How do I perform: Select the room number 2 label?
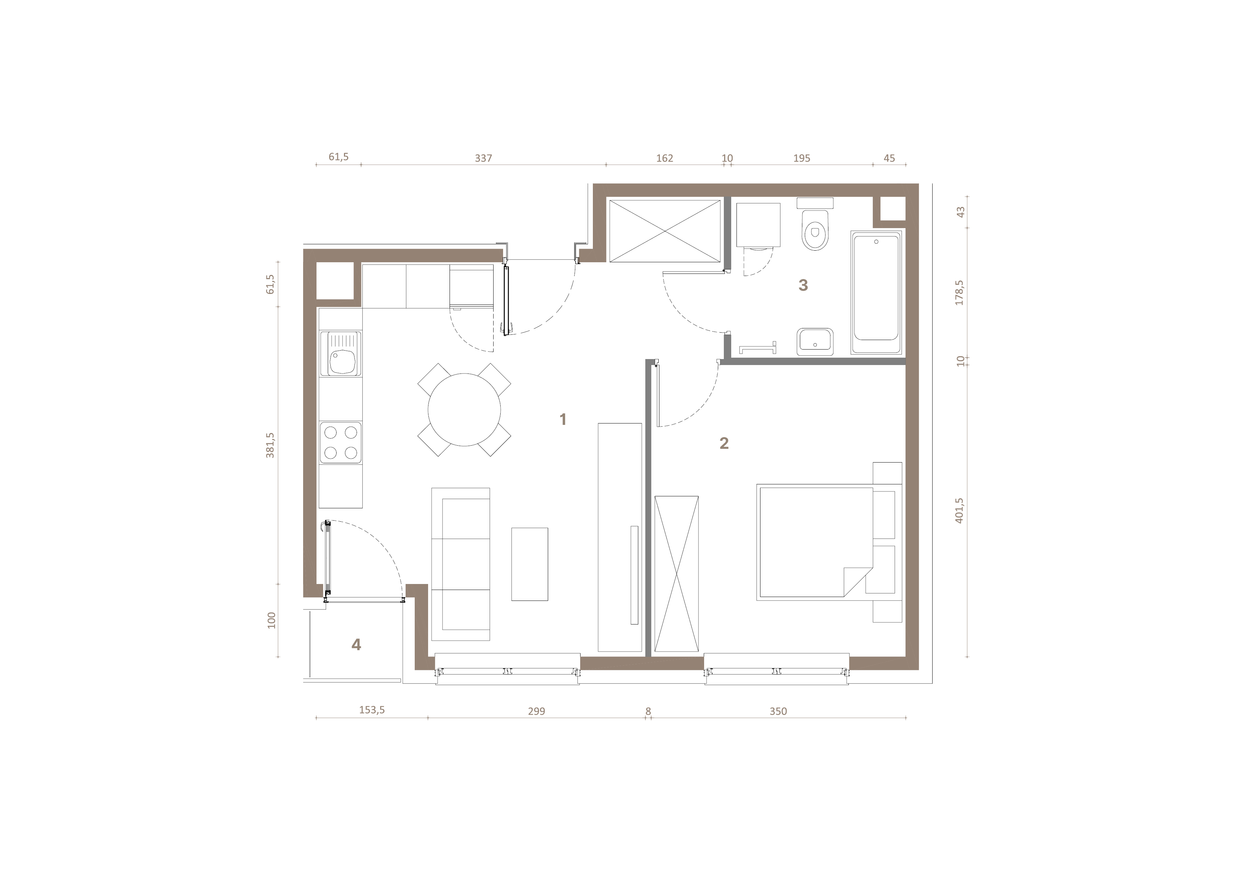724,443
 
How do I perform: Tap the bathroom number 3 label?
803,285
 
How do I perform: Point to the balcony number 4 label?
356,645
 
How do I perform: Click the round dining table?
464,410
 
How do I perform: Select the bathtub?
876,292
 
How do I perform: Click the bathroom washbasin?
815,341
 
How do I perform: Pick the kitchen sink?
340,353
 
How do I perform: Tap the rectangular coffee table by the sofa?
529,564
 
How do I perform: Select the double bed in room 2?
815,542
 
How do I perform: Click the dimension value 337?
483,158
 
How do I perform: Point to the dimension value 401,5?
960,510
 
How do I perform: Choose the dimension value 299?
536,711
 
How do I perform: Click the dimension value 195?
802,158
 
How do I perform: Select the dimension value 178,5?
960,293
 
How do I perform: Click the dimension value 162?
664,158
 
